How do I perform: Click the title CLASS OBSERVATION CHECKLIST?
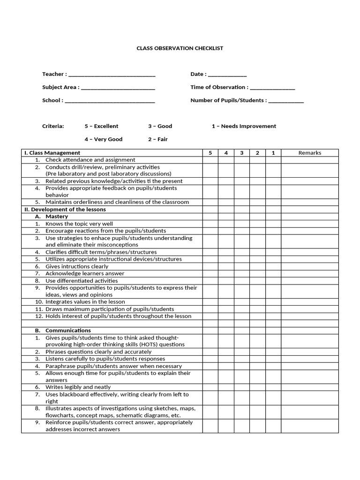pos(180,48)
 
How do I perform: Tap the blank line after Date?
pos(227,75)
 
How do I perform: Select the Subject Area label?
pos(60,87)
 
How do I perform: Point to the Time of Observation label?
pos(219,87)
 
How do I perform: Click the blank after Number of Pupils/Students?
pos(286,101)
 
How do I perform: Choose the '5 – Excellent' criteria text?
pos(101,126)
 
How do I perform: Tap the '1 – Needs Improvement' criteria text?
pos(244,126)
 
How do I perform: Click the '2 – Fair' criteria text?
pos(157,139)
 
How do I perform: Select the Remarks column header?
pos(309,153)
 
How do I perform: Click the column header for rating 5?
pos(210,153)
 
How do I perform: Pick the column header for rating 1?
pos(273,153)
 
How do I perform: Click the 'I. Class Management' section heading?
pos(52,153)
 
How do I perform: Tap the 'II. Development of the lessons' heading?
pos(65,210)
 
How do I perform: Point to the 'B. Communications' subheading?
pos(63,330)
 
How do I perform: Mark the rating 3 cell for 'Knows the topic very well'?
pos(241,224)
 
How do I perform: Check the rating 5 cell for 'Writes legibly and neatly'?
pos(210,387)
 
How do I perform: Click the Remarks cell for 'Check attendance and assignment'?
pos(309,160)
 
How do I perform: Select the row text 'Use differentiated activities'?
pos(81,281)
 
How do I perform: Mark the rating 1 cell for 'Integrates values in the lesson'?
pos(273,302)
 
